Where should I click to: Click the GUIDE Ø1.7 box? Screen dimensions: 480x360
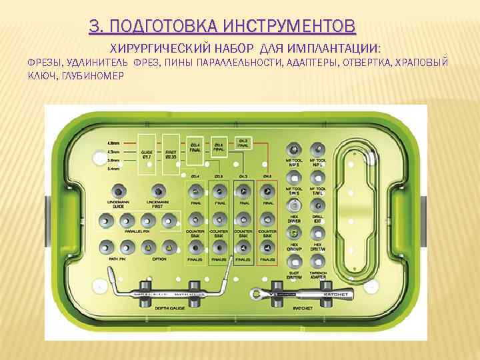(x=147, y=155)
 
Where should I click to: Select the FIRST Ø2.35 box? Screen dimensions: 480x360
(x=171, y=155)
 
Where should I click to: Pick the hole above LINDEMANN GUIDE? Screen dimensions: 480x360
(x=118, y=190)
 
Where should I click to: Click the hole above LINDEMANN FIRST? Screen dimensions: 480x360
(x=157, y=190)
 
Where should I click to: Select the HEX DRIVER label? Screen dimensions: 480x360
(x=293, y=219)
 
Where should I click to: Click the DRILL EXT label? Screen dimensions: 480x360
(x=318, y=219)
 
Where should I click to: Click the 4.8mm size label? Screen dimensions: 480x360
(x=114, y=142)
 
